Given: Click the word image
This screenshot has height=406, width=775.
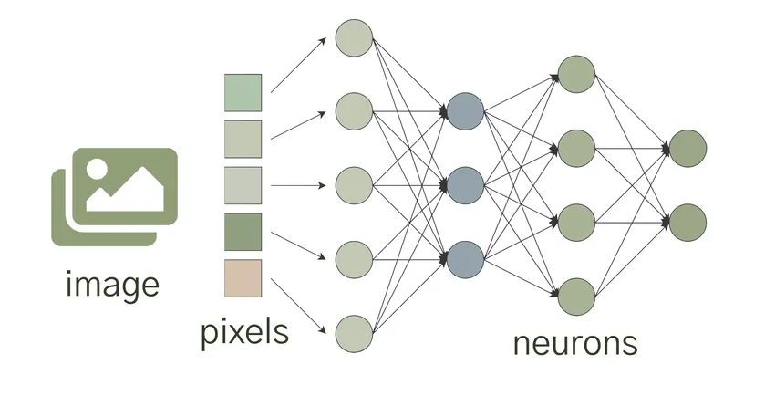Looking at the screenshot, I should click(x=113, y=285).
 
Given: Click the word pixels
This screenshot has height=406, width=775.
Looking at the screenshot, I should click(x=244, y=331).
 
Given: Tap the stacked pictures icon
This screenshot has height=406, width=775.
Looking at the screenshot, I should click(x=114, y=196).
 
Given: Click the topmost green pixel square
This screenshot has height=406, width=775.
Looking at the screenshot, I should click(x=243, y=93).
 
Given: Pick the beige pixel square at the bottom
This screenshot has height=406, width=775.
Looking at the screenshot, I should click(x=243, y=277).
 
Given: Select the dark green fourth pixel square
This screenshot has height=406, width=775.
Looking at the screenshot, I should click(x=243, y=232).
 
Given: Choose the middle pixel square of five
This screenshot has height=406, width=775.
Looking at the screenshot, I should click(x=243, y=185).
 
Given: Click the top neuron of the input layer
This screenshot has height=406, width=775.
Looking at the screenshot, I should click(x=354, y=37).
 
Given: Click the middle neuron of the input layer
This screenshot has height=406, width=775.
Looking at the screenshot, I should click(x=354, y=185).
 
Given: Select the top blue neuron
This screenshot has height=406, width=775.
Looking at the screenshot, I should click(x=464, y=111).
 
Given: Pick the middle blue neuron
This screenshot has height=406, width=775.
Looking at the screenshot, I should click(x=464, y=185).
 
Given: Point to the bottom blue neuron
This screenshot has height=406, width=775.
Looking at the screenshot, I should click(x=464, y=258).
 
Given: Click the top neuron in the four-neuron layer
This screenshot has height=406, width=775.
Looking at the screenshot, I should click(x=576, y=74).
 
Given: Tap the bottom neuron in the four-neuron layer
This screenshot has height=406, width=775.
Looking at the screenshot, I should click(x=576, y=296).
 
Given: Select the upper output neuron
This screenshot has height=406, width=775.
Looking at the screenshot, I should click(x=687, y=148).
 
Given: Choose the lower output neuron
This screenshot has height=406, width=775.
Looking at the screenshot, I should click(x=687, y=222).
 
